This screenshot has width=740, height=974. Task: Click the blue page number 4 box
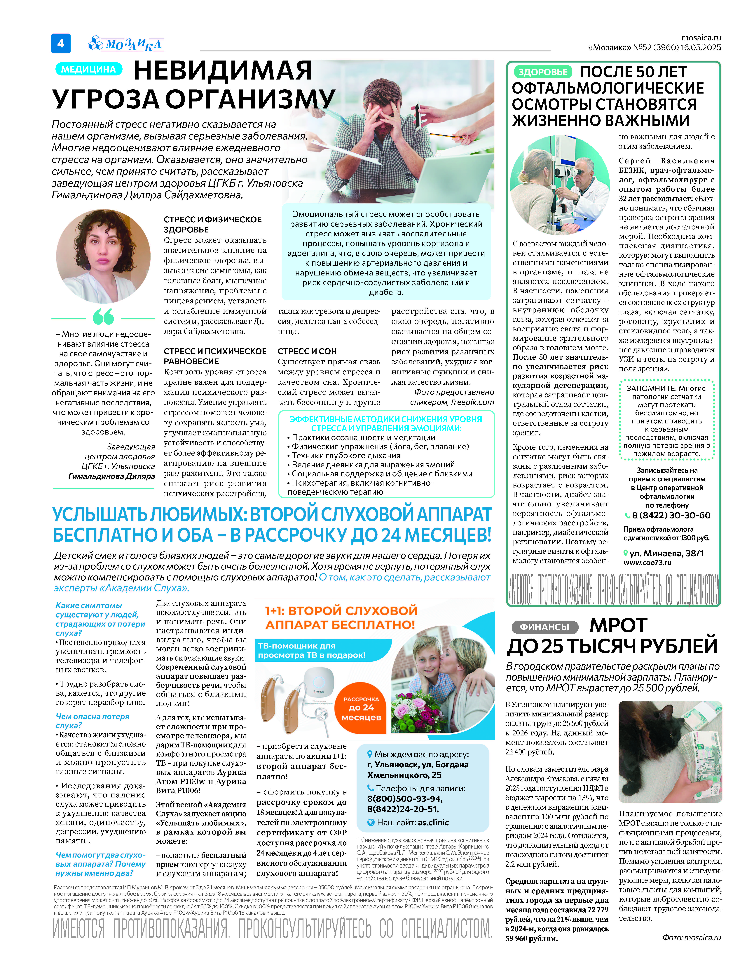(61, 43)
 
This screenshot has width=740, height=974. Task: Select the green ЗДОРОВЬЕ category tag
(543, 72)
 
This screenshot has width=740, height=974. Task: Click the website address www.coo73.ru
(647, 563)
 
